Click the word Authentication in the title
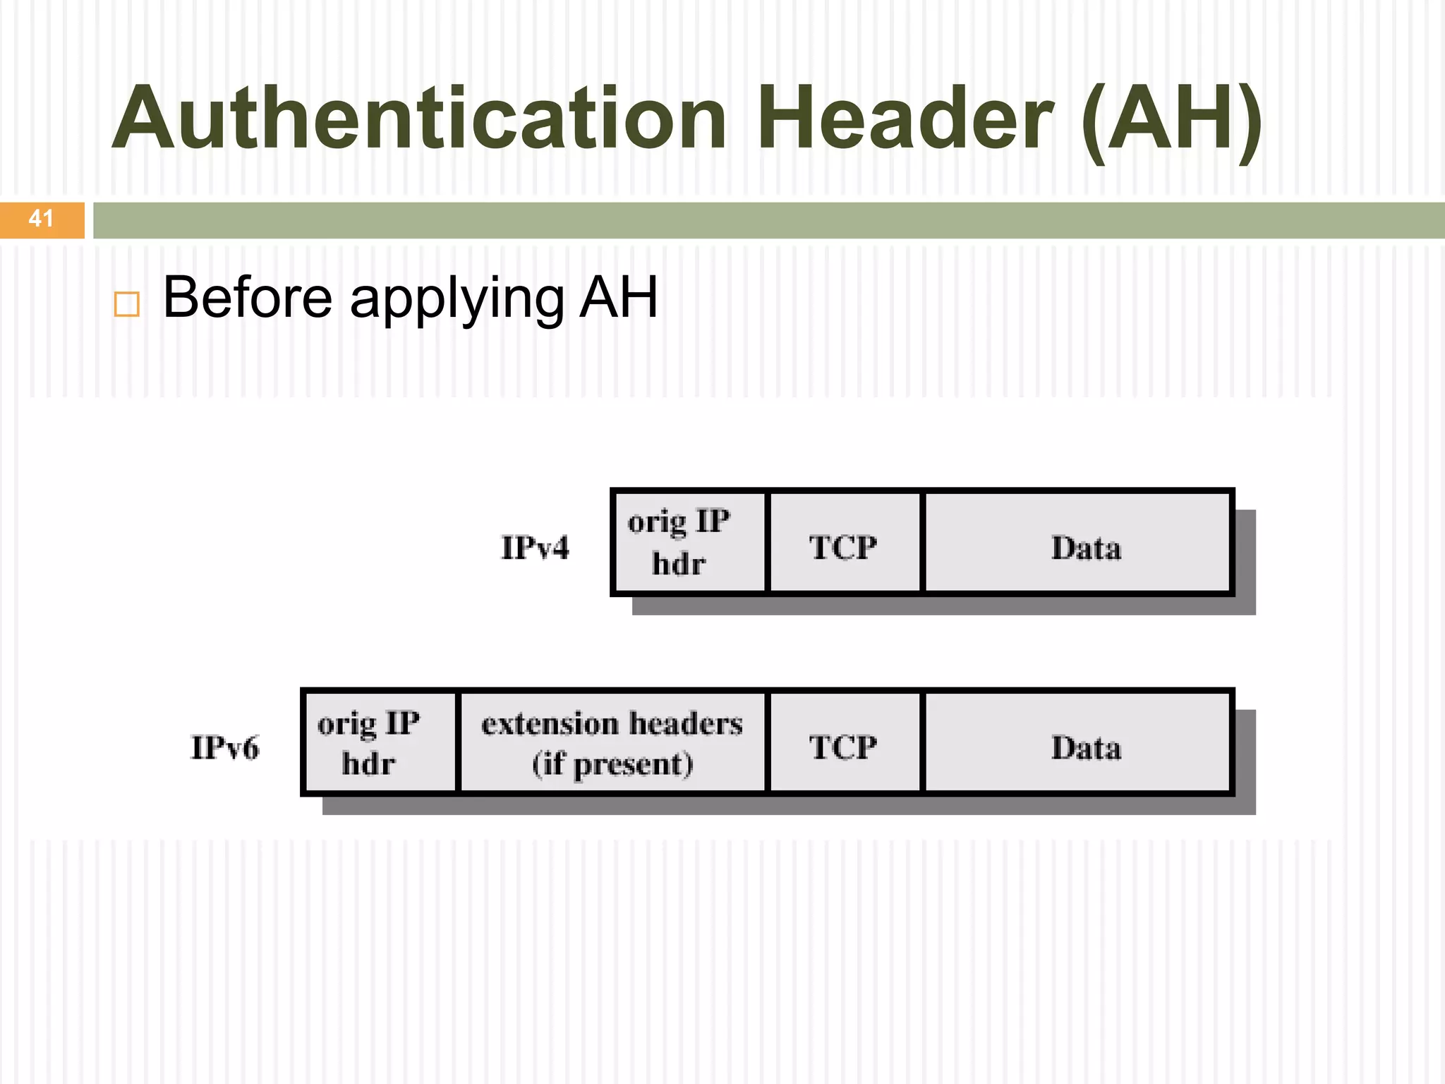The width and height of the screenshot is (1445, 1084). (x=420, y=119)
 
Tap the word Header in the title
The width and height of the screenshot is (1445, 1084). (x=905, y=119)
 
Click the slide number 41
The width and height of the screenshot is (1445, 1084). (x=41, y=219)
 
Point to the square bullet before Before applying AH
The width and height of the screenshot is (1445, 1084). (x=127, y=304)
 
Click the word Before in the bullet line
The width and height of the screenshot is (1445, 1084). (x=247, y=297)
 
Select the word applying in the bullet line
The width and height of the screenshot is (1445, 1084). (x=457, y=300)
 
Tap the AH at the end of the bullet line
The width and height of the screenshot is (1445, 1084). (x=619, y=297)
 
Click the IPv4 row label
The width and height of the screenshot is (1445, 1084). (x=535, y=548)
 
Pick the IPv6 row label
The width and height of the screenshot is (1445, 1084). (x=225, y=747)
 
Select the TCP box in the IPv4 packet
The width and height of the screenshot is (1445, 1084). (x=844, y=542)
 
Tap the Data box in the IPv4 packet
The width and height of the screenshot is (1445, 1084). (x=1077, y=542)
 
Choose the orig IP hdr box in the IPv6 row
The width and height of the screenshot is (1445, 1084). (x=380, y=742)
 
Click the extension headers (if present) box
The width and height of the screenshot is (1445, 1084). (x=612, y=742)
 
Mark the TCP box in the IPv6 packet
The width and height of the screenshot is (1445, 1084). (x=844, y=742)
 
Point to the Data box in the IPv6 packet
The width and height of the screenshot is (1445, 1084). (x=1077, y=742)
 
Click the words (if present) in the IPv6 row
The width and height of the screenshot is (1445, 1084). (x=612, y=764)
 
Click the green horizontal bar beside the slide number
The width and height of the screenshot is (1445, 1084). (x=768, y=220)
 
